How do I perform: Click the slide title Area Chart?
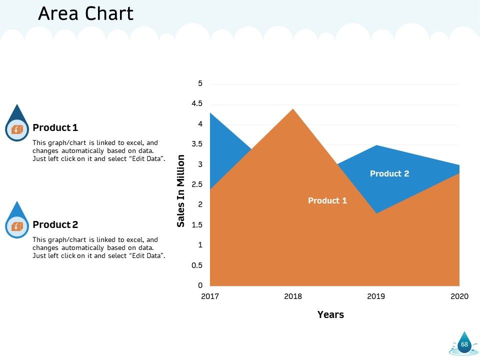(85, 14)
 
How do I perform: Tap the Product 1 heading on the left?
(55, 127)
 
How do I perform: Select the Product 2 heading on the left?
(55, 224)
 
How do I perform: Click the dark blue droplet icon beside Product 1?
(17, 123)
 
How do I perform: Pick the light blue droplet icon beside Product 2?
(17, 220)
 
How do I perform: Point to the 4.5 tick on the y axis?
(197, 103)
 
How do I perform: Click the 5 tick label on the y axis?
(200, 83)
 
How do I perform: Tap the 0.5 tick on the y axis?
(197, 265)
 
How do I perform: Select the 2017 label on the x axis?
(210, 296)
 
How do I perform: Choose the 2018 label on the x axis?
(293, 296)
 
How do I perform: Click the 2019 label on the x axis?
(376, 296)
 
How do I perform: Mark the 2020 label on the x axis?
(459, 296)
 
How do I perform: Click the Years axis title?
(330, 314)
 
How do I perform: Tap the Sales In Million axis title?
(181, 190)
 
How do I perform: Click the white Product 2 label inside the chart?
(389, 173)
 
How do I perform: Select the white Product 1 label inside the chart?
(327, 200)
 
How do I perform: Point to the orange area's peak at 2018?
(293, 109)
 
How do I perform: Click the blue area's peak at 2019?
(376, 145)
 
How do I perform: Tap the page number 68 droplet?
(464, 343)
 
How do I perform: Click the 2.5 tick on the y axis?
(197, 184)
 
